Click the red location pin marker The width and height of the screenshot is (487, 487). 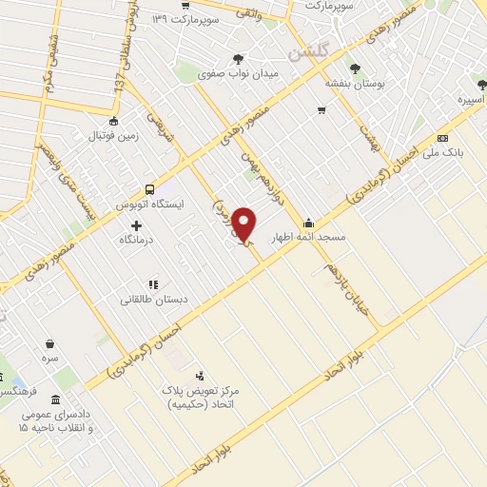click(x=245, y=223)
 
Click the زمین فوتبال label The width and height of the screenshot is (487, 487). click(x=113, y=135)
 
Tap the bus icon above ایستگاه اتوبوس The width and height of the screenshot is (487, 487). click(x=148, y=189)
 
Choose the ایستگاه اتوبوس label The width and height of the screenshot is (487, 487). click(x=149, y=205)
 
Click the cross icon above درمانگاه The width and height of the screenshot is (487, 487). click(x=137, y=226)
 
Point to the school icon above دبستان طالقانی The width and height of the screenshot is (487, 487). click(x=152, y=283)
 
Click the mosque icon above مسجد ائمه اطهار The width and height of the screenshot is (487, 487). click(x=307, y=223)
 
